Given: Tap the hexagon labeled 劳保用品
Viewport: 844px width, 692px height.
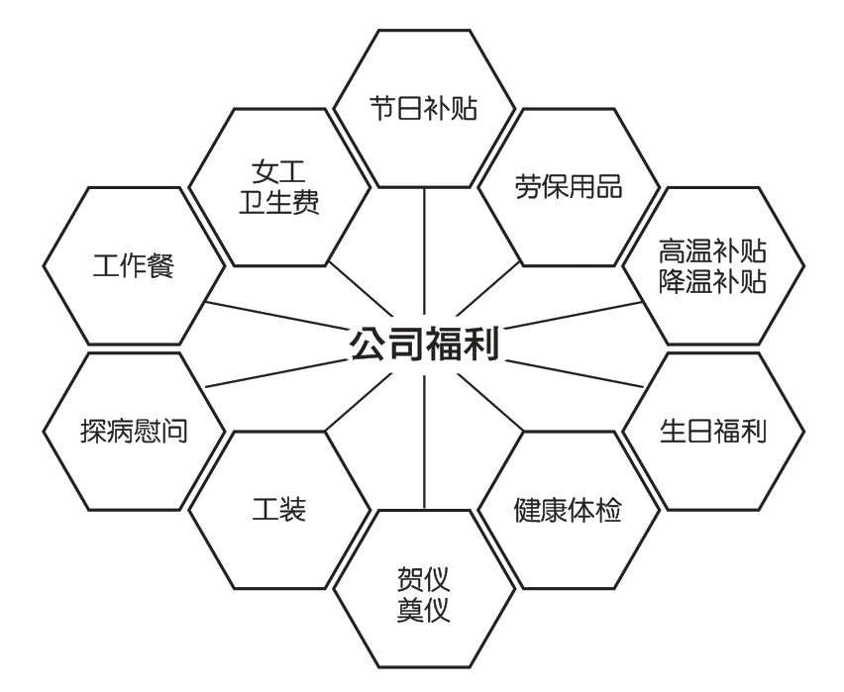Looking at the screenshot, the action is (569, 186).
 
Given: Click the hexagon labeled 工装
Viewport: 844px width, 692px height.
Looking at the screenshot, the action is (278, 511).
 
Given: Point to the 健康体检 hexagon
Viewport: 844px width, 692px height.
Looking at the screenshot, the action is (569, 511).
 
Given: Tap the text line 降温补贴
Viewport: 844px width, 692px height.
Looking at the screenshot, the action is (713, 281).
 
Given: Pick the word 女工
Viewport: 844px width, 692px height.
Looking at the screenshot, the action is (278, 171).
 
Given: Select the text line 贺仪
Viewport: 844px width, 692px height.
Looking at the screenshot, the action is (424, 576).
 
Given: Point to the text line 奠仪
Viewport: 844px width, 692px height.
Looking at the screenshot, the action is (424, 608).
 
